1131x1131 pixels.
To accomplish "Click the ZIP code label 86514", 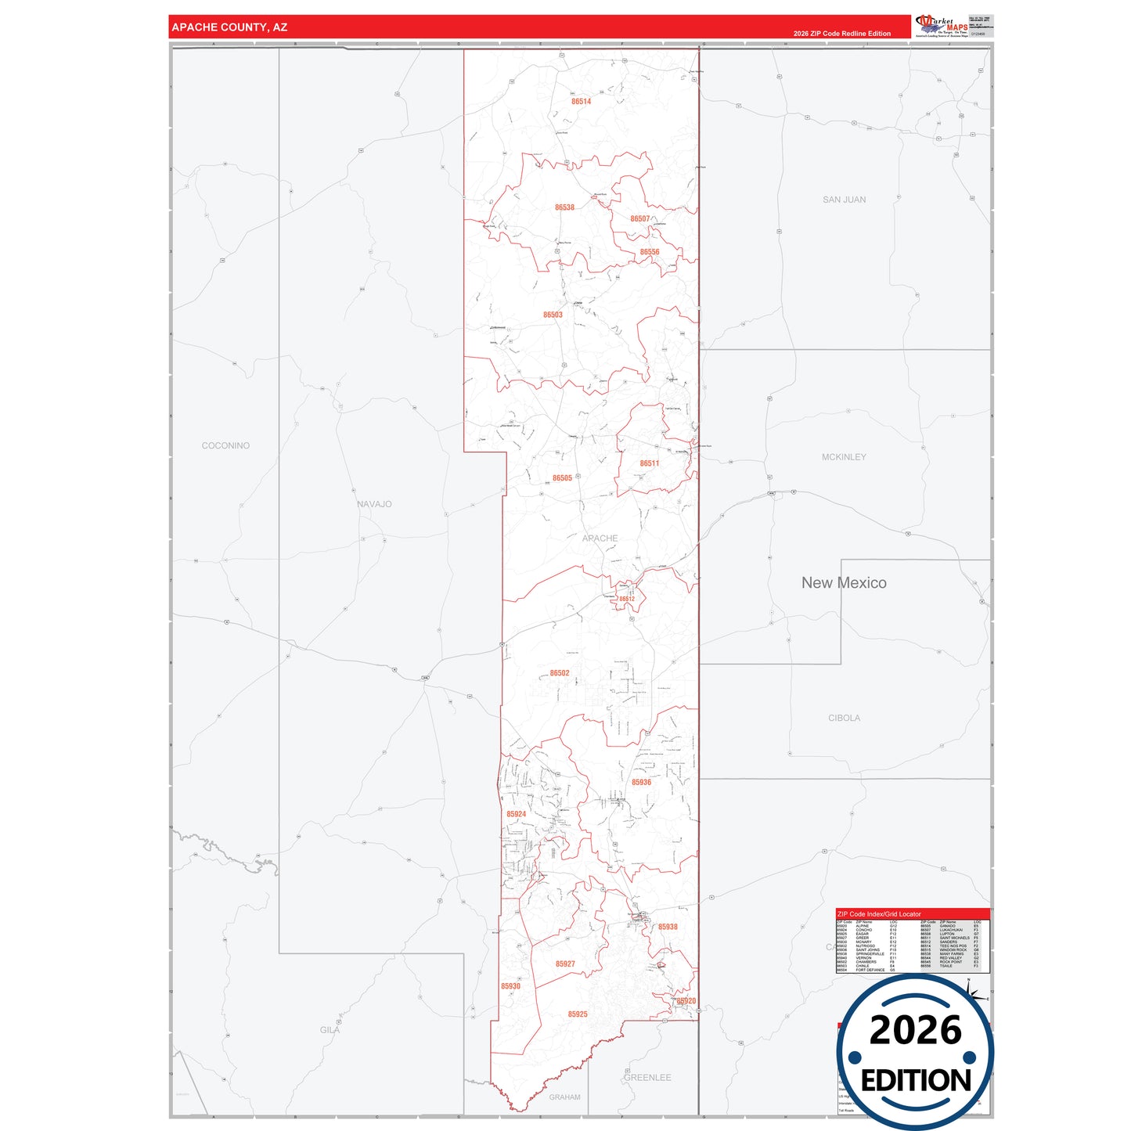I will click(x=581, y=102).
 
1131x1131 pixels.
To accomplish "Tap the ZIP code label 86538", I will click(x=564, y=207).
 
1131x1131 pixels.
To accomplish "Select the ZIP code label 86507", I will click(x=639, y=219).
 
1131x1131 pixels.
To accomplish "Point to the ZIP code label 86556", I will click(x=649, y=252).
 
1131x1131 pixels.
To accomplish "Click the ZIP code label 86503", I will click(x=553, y=315).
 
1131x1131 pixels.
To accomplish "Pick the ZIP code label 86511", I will click(x=649, y=463).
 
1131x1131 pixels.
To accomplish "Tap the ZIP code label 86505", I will click(x=562, y=478).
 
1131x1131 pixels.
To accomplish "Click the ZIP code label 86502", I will click(x=559, y=673).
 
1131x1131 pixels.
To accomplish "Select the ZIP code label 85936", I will click(x=641, y=783).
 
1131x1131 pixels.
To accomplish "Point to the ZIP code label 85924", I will click(x=516, y=814).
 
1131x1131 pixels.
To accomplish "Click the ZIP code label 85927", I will click(x=565, y=964).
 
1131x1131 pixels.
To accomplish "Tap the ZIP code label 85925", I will click(x=577, y=1014).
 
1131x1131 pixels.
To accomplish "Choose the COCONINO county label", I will click(x=225, y=446).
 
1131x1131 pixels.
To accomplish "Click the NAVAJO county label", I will click(x=374, y=504).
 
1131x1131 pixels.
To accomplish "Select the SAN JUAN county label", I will click(x=844, y=200).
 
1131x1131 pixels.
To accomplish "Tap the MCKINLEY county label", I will click(x=844, y=457).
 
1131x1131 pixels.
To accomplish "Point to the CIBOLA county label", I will click(x=844, y=718).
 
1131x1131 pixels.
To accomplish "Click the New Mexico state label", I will click(x=844, y=582).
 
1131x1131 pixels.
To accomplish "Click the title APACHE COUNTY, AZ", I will click(x=229, y=27).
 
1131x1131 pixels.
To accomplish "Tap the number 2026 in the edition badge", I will click(x=915, y=1030).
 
